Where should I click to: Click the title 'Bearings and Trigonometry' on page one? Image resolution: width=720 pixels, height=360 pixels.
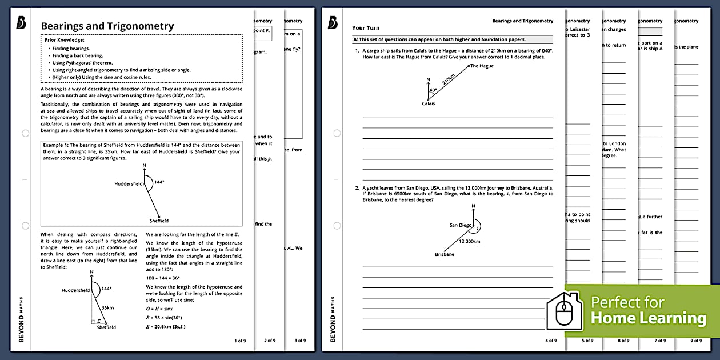pos(107,26)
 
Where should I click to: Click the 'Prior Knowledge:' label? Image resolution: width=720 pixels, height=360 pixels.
pos(64,40)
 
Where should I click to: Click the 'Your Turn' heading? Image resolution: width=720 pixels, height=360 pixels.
pos(366,27)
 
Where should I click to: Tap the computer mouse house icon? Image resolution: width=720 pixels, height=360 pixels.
pos(565,311)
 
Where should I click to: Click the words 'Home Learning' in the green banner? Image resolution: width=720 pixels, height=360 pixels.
pos(648,318)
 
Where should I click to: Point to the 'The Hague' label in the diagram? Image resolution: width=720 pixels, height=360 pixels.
pos(482,66)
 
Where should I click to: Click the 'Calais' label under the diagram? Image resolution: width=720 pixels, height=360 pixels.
pos(429,104)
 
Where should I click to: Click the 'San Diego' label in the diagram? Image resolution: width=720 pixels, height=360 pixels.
pos(461,225)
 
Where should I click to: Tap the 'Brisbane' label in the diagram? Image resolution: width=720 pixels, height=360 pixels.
pos(445,254)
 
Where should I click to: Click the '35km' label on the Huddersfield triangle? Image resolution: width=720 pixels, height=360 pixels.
pos(107,307)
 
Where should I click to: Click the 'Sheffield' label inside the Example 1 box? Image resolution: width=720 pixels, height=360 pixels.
pos(159,221)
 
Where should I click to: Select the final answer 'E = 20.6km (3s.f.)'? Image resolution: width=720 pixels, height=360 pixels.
pos(170,327)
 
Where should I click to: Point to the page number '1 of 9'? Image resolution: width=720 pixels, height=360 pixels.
pos(240,341)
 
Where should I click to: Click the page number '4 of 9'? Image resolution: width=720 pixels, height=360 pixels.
pos(551,341)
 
